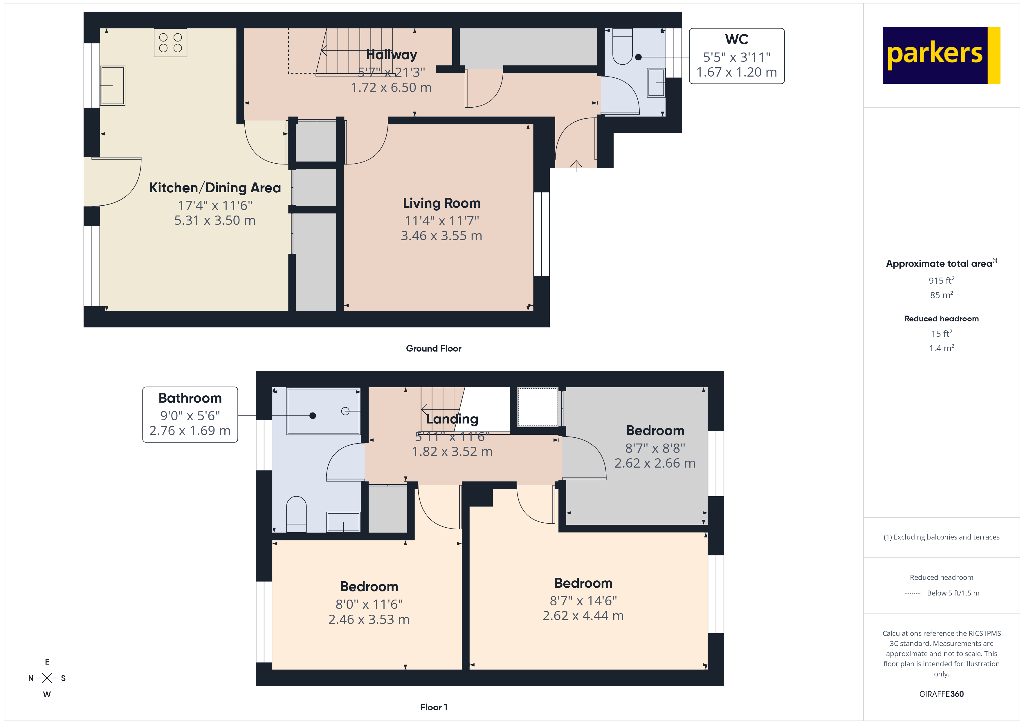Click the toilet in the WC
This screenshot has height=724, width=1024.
coord(622,47)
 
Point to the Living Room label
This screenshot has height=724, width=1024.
coord(441,203)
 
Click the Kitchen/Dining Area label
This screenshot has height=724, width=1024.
coord(215,188)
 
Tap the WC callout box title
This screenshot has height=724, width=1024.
coord(736,39)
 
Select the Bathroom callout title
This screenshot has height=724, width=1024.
coord(190,398)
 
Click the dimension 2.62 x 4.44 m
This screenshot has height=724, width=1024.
coord(583,616)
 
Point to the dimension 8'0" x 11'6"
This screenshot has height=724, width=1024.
coord(369,604)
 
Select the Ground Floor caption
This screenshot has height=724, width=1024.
coord(434,348)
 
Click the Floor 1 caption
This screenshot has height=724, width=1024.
coord(434,707)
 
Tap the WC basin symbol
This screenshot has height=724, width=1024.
coord(656,82)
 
